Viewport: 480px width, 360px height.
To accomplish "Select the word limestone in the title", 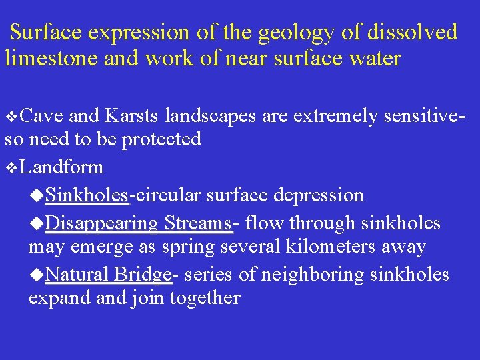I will [x=51, y=58].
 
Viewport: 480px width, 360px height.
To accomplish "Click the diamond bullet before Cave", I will [x=10, y=117].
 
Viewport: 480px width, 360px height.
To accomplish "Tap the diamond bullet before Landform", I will [x=10, y=167].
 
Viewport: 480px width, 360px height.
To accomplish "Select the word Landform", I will [x=61, y=167].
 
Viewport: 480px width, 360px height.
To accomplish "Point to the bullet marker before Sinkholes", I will [x=38, y=196].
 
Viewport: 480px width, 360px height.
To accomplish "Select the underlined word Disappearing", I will [x=101, y=222].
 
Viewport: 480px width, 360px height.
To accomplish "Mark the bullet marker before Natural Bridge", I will [x=38, y=275].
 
